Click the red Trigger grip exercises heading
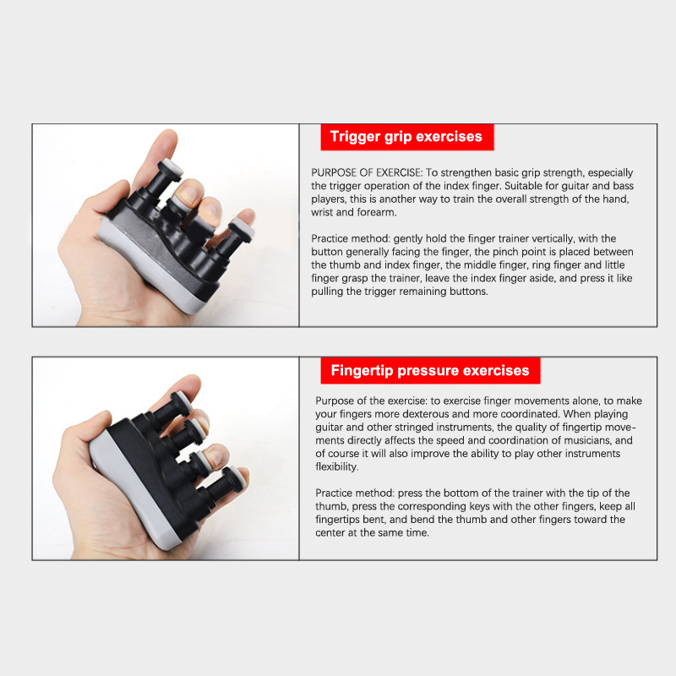[407, 137]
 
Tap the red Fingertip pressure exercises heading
[430, 371]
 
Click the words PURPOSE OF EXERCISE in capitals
[367, 173]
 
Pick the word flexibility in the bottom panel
[336, 467]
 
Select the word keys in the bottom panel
[503, 506]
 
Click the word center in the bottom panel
[330, 533]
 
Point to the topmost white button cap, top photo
[172, 168]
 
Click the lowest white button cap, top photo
[242, 228]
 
